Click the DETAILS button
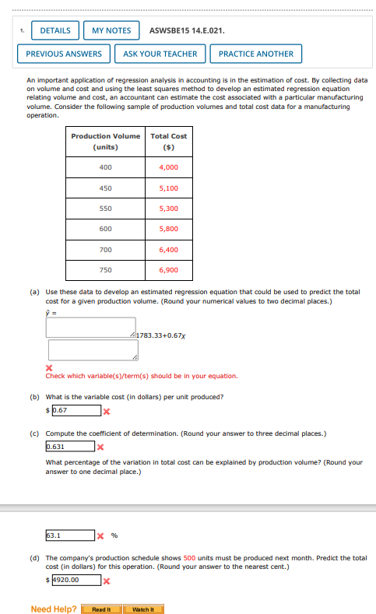point(55,30)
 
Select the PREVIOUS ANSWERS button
point(64,54)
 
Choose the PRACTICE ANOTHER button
point(256,54)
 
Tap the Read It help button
point(102,609)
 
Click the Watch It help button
point(143,609)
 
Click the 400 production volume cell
point(106,167)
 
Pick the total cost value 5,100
point(168,188)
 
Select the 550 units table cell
point(106,209)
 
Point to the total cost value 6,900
point(168,270)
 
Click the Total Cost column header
point(168,141)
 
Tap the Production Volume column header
point(106,141)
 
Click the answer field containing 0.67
point(76,410)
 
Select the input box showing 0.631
point(70,447)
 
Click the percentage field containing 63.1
point(70,535)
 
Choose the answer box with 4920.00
point(76,580)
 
